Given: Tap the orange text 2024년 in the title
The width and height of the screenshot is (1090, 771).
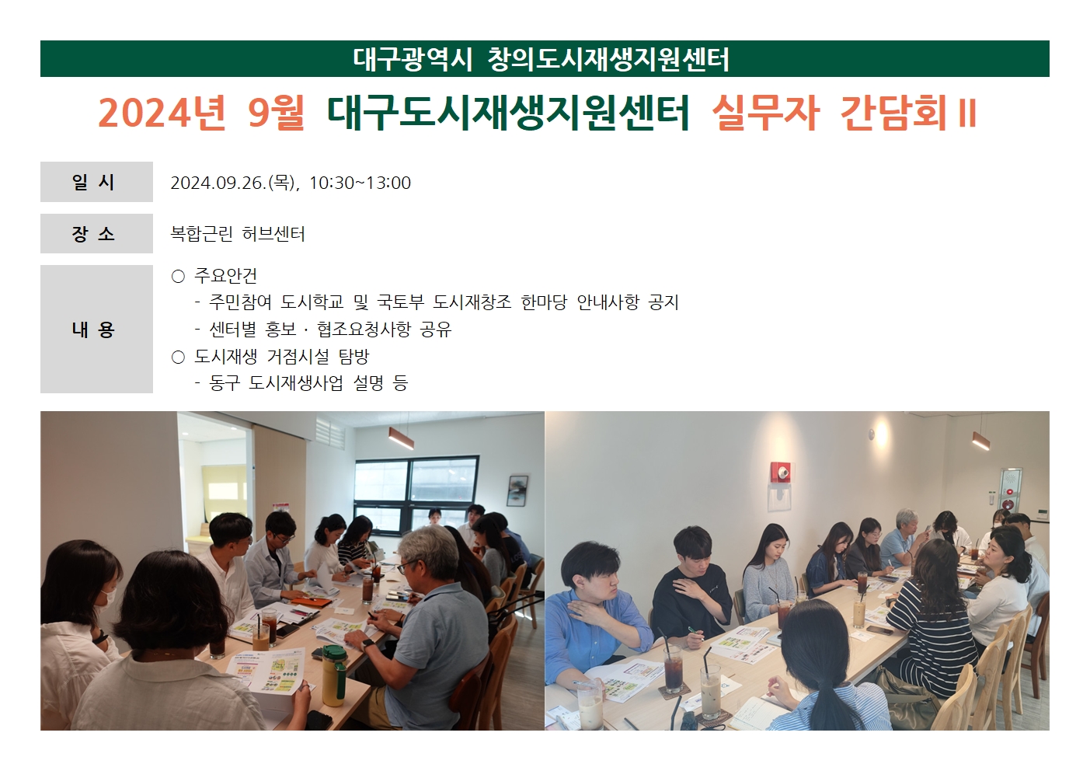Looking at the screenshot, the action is coord(162,113).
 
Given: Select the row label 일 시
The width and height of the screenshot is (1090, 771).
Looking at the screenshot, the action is coord(93,182).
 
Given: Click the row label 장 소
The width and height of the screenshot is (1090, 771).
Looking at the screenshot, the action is coord(93,234).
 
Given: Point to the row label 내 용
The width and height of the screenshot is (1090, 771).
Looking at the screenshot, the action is coord(93,330).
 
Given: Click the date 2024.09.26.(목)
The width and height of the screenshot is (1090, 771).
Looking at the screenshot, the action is coord(233,183).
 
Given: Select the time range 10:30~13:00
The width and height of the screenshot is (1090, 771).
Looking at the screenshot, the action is coord(360,183).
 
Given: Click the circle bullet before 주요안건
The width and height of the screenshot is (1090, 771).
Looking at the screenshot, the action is coord(178,277).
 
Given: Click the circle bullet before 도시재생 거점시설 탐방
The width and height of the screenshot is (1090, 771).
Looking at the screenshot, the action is coord(178,358).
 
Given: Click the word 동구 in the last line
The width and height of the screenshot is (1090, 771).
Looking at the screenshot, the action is coord(225,383).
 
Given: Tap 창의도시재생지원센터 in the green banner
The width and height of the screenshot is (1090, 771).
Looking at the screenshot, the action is coord(608,59).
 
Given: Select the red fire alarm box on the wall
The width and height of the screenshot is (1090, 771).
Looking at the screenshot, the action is coord(782,472).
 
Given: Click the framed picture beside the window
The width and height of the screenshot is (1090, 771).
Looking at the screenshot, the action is coord(517,490).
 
